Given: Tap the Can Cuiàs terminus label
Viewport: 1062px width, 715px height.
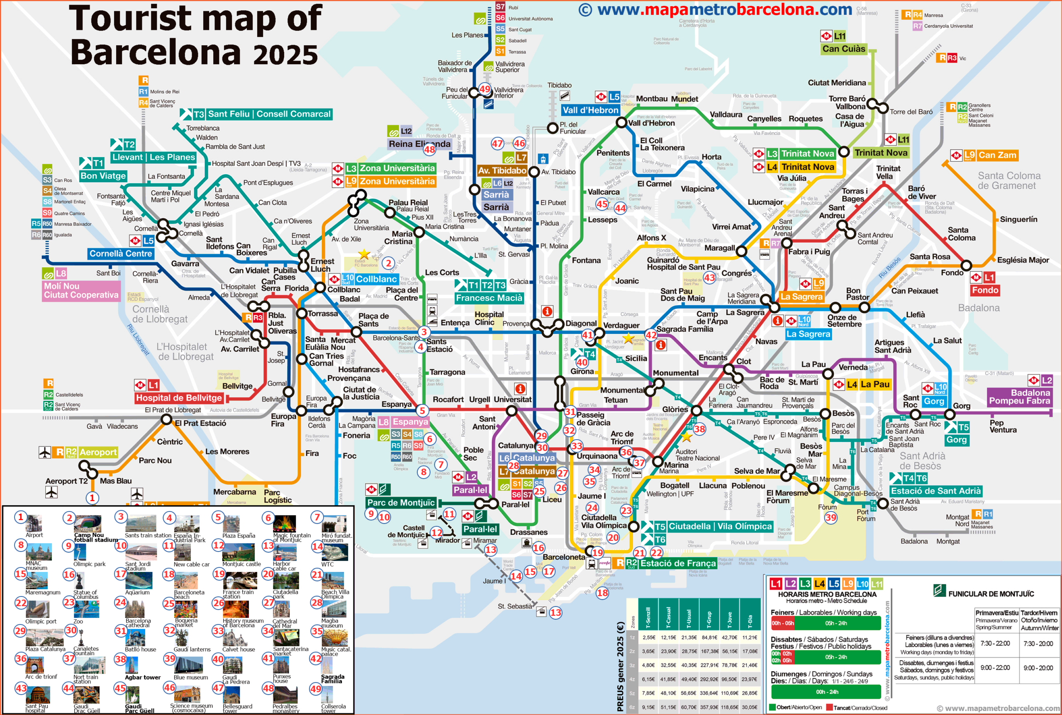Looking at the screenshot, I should tap(843, 49).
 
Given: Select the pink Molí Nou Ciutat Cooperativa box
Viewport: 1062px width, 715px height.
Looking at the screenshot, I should tap(81, 290).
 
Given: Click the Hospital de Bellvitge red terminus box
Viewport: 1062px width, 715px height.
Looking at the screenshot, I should tap(179, 398).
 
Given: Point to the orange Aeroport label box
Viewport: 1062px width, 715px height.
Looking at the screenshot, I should tap(98, 452).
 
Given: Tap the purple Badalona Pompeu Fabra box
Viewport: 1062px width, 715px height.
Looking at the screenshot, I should tap(1019, 397).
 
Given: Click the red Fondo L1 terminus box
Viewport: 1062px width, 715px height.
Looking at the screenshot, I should tap(984, 290).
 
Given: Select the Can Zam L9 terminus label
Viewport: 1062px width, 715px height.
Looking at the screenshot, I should tap(997, 155).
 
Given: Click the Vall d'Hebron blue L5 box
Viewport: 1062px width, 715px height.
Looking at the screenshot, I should tap(590, 110).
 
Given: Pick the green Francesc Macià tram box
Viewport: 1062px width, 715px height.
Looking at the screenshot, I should tap(489, 298).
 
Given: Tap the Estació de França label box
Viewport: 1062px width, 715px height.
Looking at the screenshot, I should tap(677, 563).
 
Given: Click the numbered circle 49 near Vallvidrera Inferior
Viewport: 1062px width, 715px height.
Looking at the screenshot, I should tap(485, 90).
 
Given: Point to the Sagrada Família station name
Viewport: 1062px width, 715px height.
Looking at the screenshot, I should tap(684, 329).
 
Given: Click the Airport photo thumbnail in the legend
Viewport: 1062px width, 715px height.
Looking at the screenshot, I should tap(34, 523).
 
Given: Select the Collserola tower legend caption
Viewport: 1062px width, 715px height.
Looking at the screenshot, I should tap(334, 708).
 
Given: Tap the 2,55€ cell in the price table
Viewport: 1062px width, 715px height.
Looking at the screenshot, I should tap(648, 637).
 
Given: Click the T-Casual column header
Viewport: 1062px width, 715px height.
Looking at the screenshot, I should tap(668, 617).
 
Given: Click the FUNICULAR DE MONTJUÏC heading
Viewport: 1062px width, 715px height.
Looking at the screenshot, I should tap(990, 594).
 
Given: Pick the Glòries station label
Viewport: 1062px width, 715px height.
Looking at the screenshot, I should tap(675, 409).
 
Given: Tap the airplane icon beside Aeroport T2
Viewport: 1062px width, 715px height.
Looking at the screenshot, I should tap(51, 492).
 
